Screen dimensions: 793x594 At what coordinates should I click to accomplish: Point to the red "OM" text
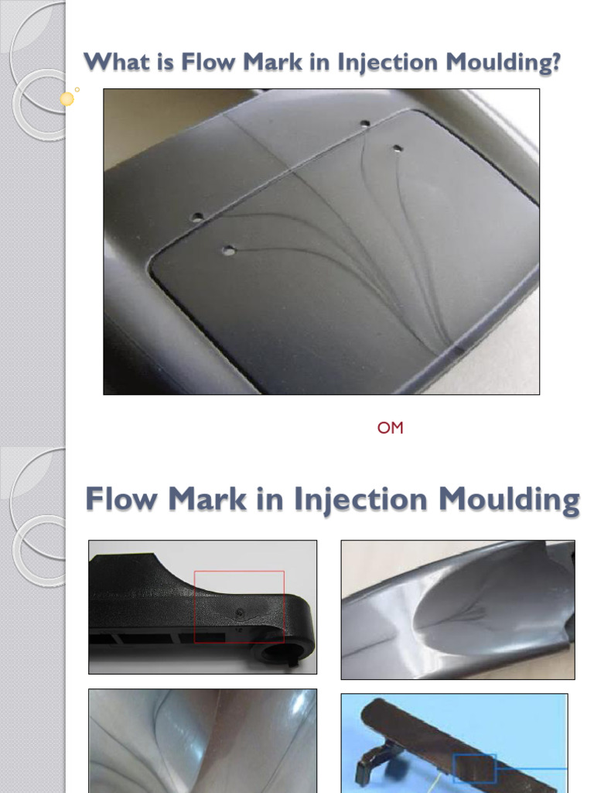pos(391,427)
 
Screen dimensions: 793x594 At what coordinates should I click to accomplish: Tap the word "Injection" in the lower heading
pos(361,500)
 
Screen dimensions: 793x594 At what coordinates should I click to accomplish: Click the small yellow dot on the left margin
pos(67,98)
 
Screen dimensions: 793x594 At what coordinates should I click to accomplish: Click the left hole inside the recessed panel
pos(228,249)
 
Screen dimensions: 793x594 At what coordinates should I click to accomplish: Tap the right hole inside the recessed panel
pos(398,148)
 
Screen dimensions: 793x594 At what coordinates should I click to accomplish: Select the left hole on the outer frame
pos(197,218)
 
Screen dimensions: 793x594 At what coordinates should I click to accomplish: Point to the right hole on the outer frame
pos(364,123)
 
